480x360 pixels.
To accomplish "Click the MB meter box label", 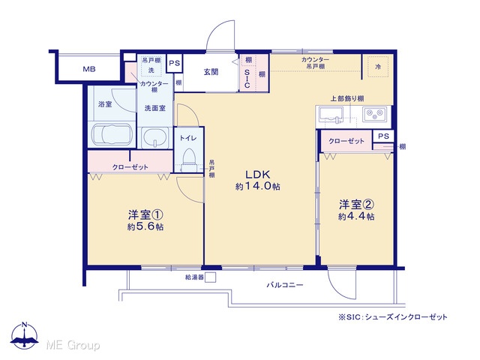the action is [89, 69].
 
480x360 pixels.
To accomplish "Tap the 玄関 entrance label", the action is [211, 72].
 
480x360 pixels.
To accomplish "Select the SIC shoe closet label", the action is [247, 78].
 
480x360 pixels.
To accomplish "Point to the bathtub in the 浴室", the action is [112, 134].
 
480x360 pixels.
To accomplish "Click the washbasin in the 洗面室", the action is [155, 137].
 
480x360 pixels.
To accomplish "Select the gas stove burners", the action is [374, 114].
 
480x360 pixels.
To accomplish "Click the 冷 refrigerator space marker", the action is [378, 67].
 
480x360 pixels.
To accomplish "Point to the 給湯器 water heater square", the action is [210, 277].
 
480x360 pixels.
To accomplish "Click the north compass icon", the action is [25, 336].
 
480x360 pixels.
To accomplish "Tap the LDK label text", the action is [258, 175].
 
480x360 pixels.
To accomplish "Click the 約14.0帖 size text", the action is [258, 186].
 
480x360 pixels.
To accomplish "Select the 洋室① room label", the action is [145, 214].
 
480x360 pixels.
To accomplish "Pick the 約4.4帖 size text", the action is [356, 216].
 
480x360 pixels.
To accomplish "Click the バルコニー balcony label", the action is [285, 285].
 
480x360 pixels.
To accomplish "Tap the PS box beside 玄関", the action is [175, 63].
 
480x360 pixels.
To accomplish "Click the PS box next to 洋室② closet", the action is [383, 136].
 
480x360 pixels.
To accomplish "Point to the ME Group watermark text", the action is [73, 345].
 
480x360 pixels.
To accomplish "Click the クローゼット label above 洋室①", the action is [130, 167].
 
